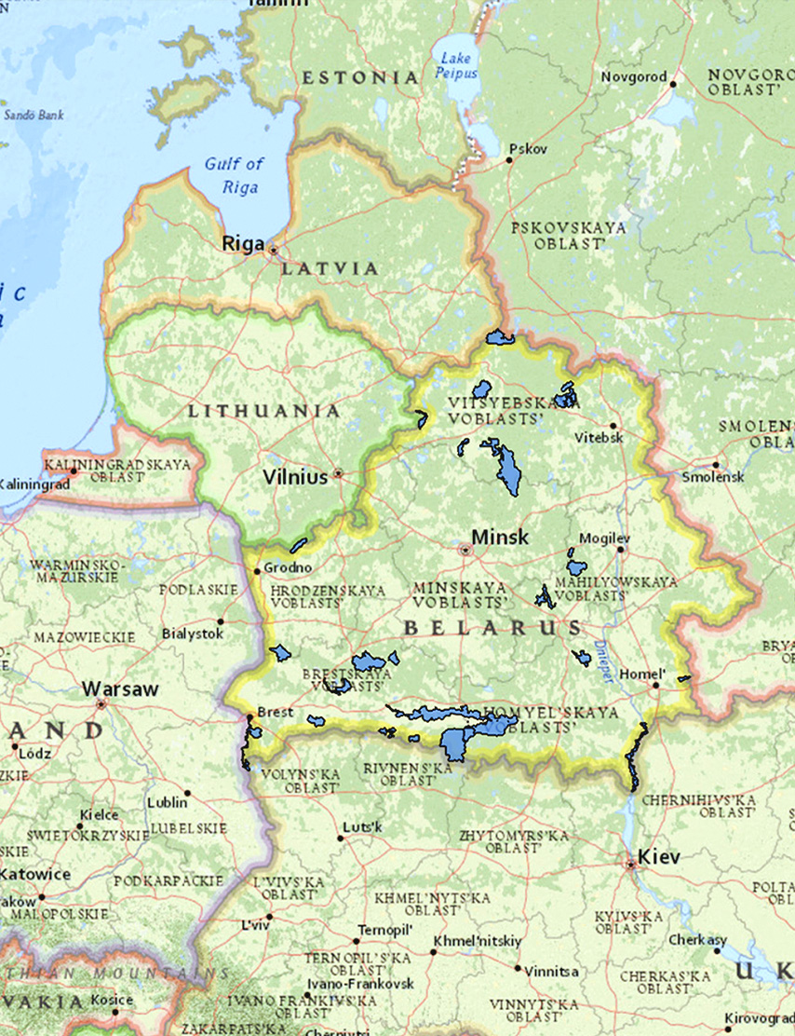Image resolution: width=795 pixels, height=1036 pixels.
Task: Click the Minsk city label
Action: pos(499,537)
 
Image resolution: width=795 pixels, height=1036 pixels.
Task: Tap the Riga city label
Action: pos(242,243)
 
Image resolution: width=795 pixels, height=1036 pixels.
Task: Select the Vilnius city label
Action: pos(295,477)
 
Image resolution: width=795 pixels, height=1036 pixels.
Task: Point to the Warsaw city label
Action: pos(120,690)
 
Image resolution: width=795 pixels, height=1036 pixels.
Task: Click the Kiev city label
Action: pos(660,856)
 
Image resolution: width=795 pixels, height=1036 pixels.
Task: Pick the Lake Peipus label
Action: pos(457,66)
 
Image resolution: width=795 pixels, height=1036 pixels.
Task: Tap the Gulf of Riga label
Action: pos(234,174)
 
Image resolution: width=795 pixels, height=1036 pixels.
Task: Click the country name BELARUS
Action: pos(493,628)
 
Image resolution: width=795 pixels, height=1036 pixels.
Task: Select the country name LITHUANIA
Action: pos(264,411)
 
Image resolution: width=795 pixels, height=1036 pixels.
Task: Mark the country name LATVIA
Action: pos(330,269)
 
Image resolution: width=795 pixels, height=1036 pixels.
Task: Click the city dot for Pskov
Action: pos(509,160)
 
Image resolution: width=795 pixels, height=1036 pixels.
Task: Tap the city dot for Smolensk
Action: pos(715,465)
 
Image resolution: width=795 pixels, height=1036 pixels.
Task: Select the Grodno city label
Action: pos(289,567)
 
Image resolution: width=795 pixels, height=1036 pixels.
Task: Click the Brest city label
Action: pos(276,712)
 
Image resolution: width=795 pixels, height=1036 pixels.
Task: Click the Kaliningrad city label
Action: pos(34,484)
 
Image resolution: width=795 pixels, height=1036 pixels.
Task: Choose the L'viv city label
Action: pos(254,925)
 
